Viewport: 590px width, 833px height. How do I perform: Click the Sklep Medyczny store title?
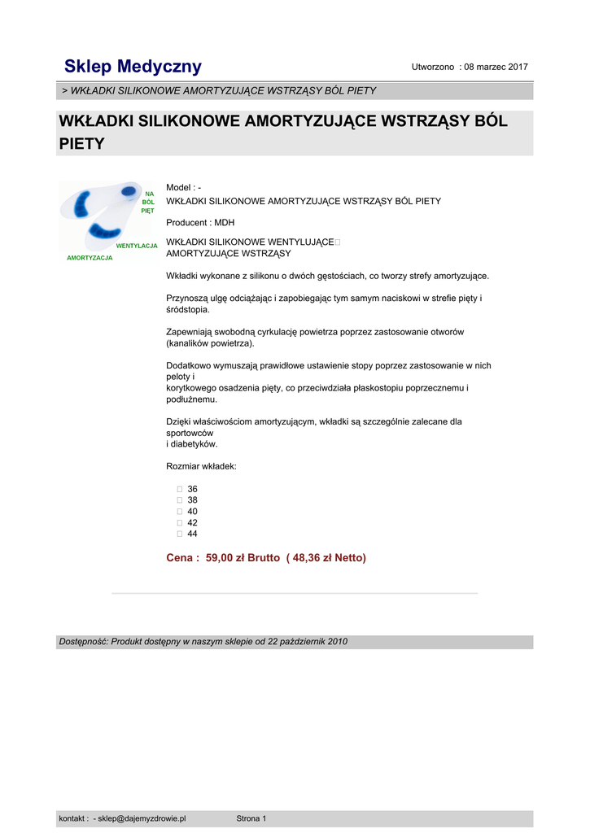133,67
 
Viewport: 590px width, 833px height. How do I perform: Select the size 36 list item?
192,489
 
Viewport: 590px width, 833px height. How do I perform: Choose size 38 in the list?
192,500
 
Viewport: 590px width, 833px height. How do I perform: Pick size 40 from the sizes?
192,512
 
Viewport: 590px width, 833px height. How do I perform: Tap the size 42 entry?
192,523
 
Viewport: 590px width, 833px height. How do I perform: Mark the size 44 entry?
192,534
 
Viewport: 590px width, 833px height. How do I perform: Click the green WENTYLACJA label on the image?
137,245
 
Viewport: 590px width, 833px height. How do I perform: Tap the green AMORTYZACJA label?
90,258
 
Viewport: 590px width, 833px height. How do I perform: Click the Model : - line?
183,188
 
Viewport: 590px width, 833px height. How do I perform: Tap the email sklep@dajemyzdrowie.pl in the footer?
142,818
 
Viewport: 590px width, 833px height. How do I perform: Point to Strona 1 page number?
251,818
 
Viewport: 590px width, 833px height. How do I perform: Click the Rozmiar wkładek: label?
201,467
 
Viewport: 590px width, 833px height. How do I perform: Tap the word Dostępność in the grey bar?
82,642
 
